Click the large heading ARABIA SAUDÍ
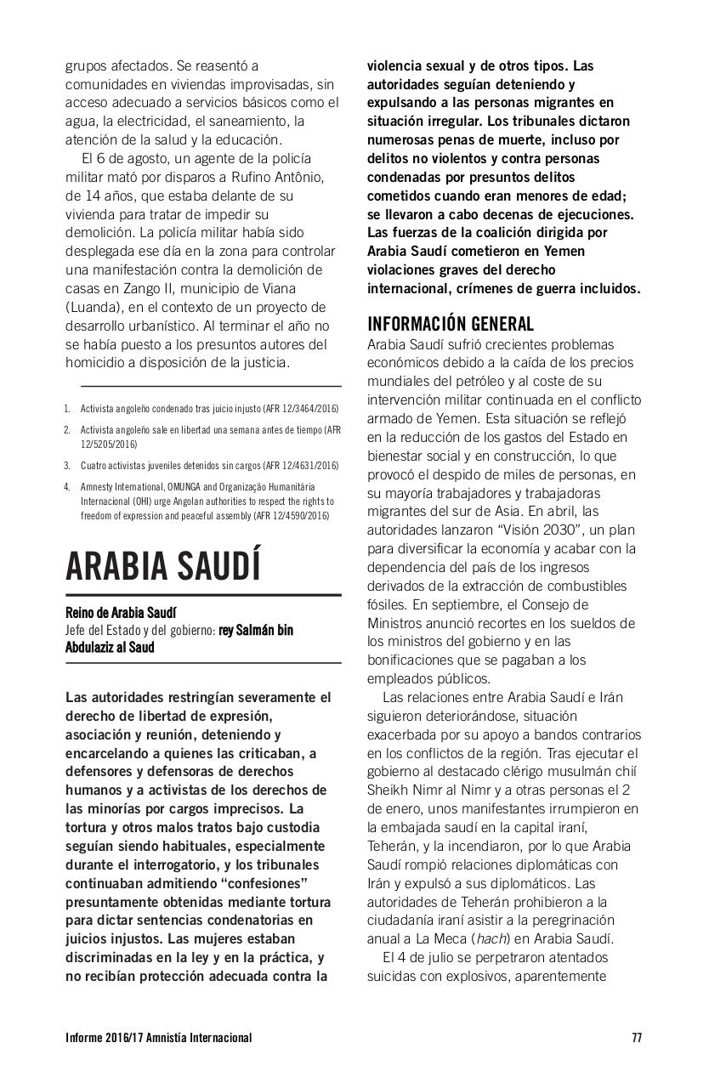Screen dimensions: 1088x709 coord(163,565)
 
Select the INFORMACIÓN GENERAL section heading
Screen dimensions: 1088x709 coord(450,324)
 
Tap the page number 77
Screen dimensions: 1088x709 coord(637,1038)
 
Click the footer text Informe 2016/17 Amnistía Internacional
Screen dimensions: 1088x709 coord(158,1038)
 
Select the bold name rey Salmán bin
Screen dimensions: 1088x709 coord(256,631)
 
